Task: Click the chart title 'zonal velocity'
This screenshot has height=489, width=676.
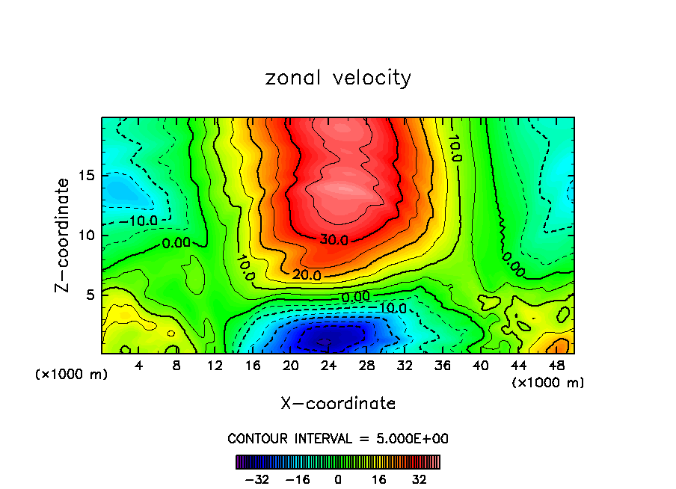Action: pos(338,78)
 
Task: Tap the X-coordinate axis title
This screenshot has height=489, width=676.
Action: pos(338,404)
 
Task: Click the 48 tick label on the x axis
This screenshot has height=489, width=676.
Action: pos(556,366)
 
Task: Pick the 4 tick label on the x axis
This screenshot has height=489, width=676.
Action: pos(138,366)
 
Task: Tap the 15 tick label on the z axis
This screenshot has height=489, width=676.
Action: pos(87,176)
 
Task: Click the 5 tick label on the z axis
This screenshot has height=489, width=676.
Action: pos(91,295)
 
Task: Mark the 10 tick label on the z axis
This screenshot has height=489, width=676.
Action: pos(87,235)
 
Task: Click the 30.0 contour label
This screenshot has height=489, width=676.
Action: pos(334,240)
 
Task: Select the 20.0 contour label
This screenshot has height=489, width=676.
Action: pos(307,275)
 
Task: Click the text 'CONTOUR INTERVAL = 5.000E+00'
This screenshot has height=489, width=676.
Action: pos(338,438)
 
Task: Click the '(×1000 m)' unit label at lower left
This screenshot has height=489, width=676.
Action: pos(72,375)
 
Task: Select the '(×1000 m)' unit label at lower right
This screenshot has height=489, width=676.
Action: pos(548,383)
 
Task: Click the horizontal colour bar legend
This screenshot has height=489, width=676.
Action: pos(338,461)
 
